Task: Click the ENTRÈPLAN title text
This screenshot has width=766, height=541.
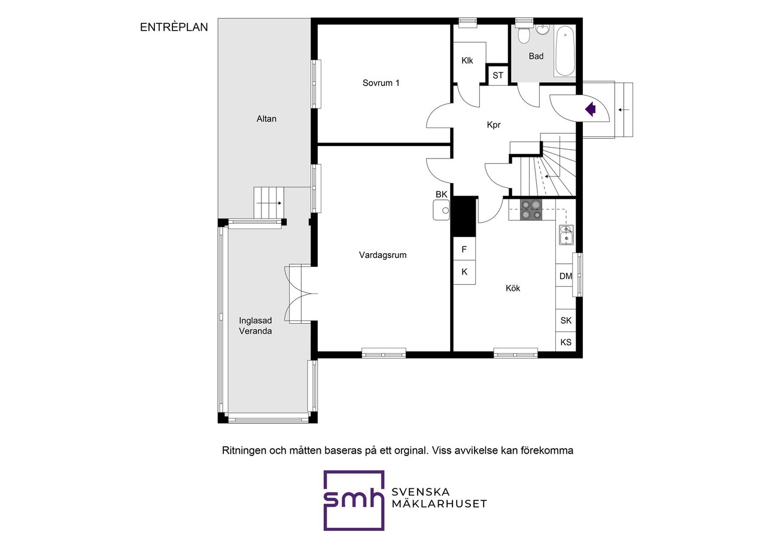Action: tap(174, 27)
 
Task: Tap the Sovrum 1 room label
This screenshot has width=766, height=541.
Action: tap(381, 83)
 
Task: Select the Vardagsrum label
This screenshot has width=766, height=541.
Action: tap(382, 255)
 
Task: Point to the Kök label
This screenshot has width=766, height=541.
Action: tap(513, 288)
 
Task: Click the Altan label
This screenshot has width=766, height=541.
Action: tap(266, 118)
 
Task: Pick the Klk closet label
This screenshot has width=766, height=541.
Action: tap(467, 60)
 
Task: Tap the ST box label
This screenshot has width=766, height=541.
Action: tap(498, 75)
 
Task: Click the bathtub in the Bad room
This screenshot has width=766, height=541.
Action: tap(565, 51)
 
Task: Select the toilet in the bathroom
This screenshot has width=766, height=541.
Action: tap(523, 35)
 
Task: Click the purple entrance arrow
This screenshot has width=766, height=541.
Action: tap(591, 110)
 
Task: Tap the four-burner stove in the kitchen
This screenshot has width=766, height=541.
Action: tap(531, 209)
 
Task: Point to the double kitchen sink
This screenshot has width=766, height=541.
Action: tap(566, 235)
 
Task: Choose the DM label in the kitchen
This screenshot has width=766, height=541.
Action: tap(566, 276)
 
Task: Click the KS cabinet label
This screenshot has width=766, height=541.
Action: tap(566, 342)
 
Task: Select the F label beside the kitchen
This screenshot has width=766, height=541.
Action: tap(464, 250)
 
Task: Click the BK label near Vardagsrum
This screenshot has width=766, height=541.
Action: tap(441, 194)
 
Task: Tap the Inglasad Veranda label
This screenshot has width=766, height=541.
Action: tap(255, 326)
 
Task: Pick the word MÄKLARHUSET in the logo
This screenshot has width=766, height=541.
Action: tap(439, 504)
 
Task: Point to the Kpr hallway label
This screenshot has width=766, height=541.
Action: tap(494, 125)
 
